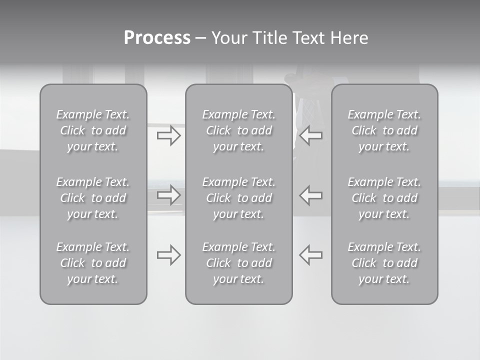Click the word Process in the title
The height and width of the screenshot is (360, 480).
coord(157,38)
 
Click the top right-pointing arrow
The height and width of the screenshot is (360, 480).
coord(169,135)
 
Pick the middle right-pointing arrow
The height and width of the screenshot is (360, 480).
coord(169,195)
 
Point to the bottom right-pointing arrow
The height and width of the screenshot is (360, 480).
coord(169,255)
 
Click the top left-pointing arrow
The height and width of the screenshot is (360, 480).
coord(311,135)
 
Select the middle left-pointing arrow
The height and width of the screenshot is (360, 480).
coord(311,195)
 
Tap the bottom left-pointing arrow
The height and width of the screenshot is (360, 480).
coord(311,255)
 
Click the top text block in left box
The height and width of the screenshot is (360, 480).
coord(93,130)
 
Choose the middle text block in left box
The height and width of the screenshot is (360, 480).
coord(93,198)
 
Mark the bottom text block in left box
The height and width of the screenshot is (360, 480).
coord(93,263)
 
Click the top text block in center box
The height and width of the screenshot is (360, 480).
coord(239,130)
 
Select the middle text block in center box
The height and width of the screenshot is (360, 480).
coord(239,198)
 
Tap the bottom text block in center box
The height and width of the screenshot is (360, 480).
coord(239,263)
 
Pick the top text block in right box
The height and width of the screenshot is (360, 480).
coord(384,130)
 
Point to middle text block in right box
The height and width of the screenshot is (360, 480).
coord(384,198)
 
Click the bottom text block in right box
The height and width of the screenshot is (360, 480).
coord(384,263)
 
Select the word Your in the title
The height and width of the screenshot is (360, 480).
coord(230,38)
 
